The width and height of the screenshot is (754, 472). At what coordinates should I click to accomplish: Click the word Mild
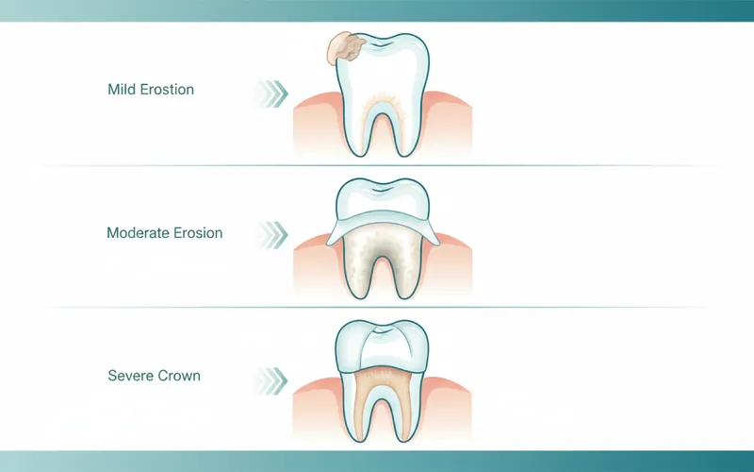[x=123, y=91]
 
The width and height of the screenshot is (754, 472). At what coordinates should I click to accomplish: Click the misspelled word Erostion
[x=168, y=91]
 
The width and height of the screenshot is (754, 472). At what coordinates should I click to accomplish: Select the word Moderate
[x=138, y=232]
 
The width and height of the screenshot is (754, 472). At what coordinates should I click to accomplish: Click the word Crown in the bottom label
[x=179, y=376]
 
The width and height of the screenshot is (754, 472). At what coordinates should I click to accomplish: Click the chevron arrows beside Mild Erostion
[x=271, y=93]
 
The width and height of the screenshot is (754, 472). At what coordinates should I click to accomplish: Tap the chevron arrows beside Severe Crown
[x=271, y=379]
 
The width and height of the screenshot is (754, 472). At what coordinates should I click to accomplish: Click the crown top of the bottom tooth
[x=382, y=345]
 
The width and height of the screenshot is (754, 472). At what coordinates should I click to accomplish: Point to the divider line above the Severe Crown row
[x=377, y=307]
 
